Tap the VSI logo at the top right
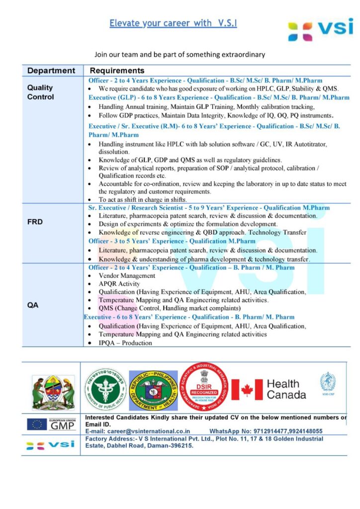pyautogui.click(x=320, y=29)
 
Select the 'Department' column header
pyautogui.click(x=51, y=71)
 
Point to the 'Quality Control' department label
pyautogui.click(x=40, y=92)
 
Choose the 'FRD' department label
pyautogui.click(x=35, y=222)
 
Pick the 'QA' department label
pyautogui.click(x=33, y=305)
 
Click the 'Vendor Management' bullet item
pyautogui.click(x=127, y=275)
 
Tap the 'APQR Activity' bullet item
pyautogui.click(x=119, y=284)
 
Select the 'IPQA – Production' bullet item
pyautogui.click(x=125, y=342)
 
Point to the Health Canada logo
pyautogui.click(x=269, y=389)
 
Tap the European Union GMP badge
pyautogui.click(x=51, y=424)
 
